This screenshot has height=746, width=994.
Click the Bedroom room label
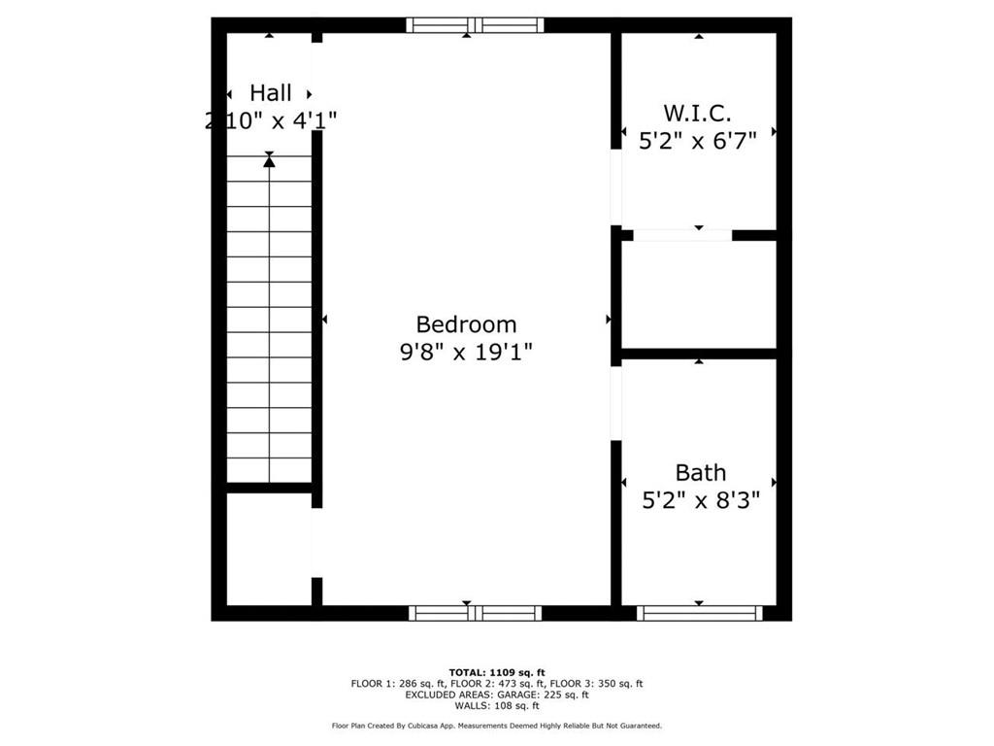pyautogui.click(x=466, y=324)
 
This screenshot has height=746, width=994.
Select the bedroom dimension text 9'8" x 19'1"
pyautogui.click(x=466, y=351)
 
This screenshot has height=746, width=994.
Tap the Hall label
pyautogui.click(x=270, y=93)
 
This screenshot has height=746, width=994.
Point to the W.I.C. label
pyautogui.click(x=697, y=113)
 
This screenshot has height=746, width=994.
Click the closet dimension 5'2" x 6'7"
pyautogui.click(x=697, y=140)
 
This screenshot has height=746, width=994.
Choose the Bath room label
pyautogui.click(x=700, y=473)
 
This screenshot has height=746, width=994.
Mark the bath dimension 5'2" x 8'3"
pyautogui.click(x=700, y=500)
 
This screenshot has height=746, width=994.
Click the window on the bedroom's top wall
pyautogui.click(x=475, y=25)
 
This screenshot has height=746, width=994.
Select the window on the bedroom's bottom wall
pyautogui.click(x=475, y=612)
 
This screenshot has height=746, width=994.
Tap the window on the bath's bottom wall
pyautogui.click(x=699, y=612)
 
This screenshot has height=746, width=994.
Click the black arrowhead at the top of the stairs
pyautogui.click(x=269, y=161)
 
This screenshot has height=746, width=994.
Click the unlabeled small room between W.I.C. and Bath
pyautogui.click(x=699, y=294)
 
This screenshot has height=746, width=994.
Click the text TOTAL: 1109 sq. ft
pyautogui.click(x=497, y=672)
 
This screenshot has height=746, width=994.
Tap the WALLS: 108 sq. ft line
pyautogui.click(x=497, y=706)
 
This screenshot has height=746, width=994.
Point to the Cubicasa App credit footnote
pyautogui.click(x=497, y=726)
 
